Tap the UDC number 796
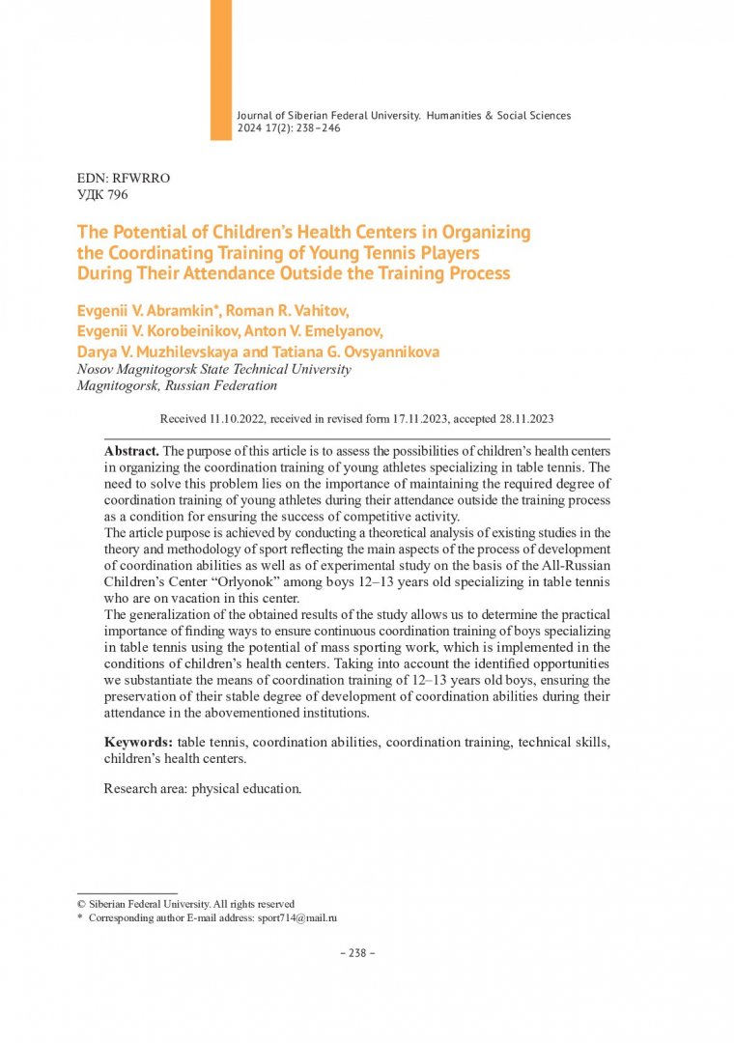click(115, 194)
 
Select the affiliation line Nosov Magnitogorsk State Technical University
click(213, 369)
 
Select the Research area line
click(203, 788)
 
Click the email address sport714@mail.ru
click(296, 918)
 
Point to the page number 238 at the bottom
click(357, 952)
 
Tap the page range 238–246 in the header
click(308, 127)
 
